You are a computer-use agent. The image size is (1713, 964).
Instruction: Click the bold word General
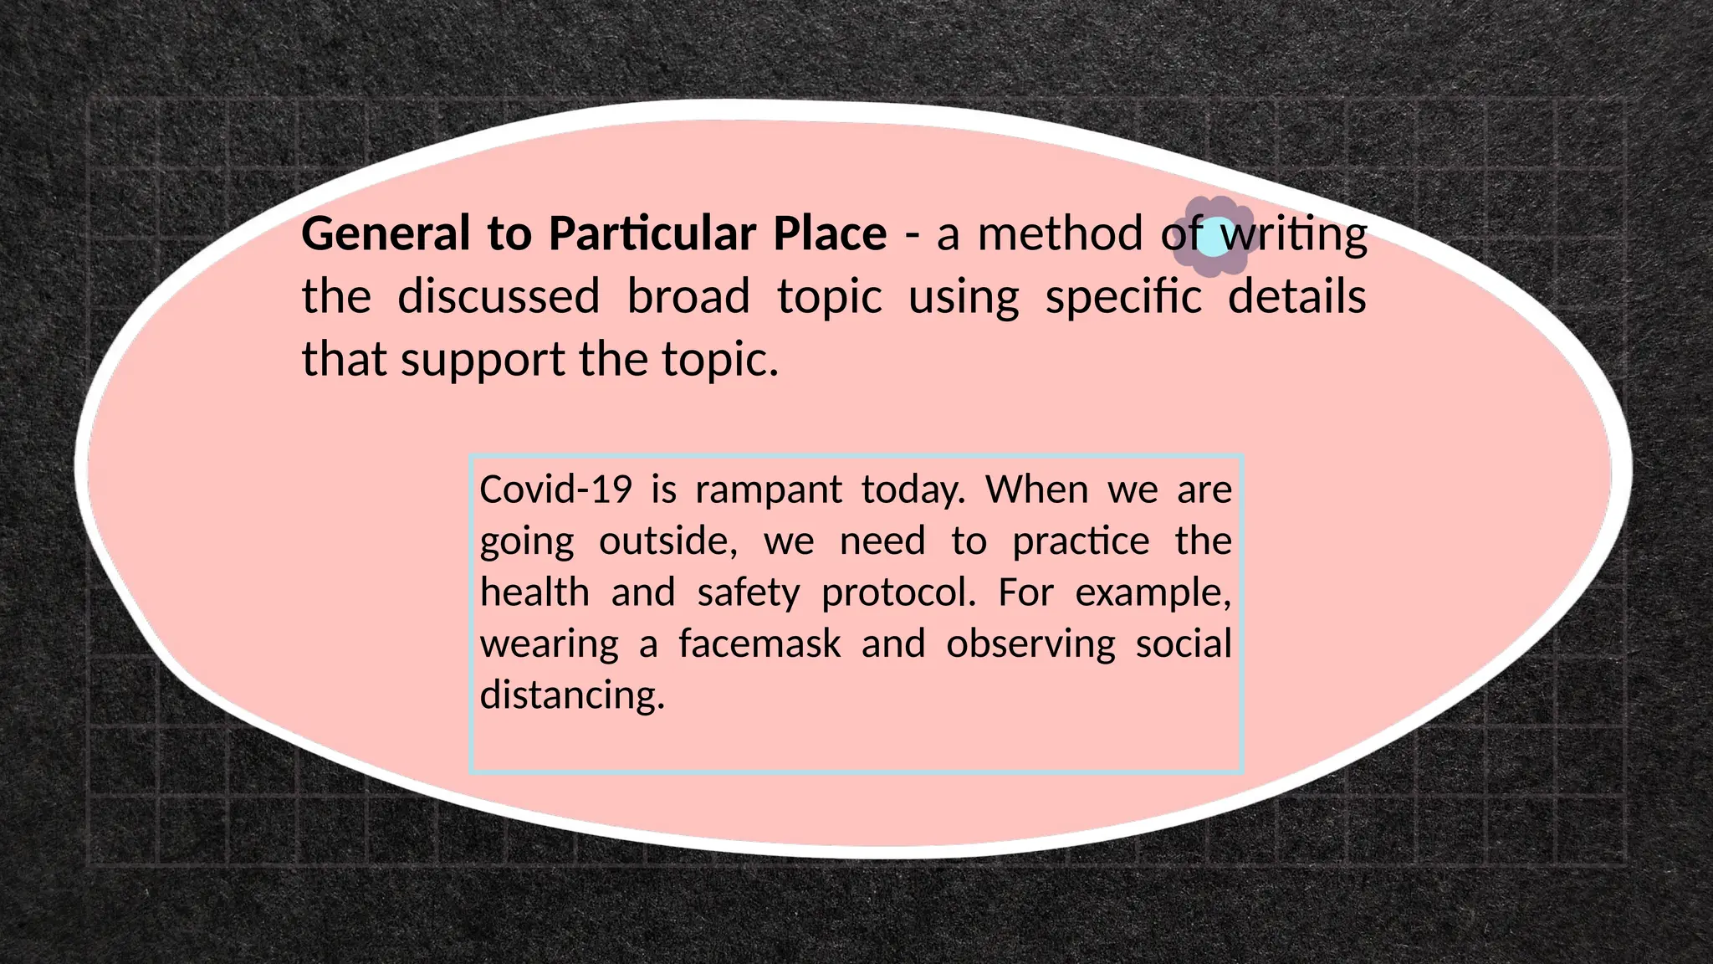coord(386,233)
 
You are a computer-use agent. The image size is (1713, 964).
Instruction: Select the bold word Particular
coord(652,233)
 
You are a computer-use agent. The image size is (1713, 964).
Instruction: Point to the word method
coord(1060,233)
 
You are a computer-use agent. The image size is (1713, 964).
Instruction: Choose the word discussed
coord(499,297)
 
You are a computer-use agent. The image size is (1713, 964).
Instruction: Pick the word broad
coord(688,297)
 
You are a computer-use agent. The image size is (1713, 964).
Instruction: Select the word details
coord(1296,297)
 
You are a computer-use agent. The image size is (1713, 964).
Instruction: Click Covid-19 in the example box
coord(555,490)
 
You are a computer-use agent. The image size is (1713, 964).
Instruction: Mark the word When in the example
coord(1036,490)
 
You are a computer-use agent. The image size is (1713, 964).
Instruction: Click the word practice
coord(1081,542)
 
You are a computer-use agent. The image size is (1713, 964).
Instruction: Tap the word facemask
coord(759,644)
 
